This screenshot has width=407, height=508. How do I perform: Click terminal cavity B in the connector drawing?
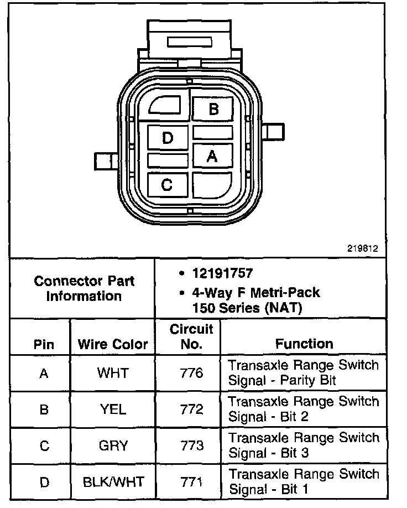(213, 108)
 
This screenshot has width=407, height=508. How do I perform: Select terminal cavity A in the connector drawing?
(212, 157)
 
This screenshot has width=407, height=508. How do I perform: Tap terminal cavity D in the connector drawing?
(168, 137)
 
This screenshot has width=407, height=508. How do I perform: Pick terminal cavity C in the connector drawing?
(167, 184)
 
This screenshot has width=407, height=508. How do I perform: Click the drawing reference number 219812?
(363, 248)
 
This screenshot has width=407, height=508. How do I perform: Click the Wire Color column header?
(113, 344)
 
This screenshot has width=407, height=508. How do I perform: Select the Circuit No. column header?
(191, 337)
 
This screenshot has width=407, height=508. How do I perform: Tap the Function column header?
(304, 344)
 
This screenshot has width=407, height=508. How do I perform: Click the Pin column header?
(44, 344)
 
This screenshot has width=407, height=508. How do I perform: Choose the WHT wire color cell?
(112, 373)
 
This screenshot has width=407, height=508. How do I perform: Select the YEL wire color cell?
(113, 409)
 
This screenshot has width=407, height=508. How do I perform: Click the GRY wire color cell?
(112, 446)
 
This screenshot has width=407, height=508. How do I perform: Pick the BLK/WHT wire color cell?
(112, 483)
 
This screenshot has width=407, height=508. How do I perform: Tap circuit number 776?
(191, 373)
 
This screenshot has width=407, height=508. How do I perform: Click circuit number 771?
(191, 483)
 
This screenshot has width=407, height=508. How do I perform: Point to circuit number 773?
(191, 446)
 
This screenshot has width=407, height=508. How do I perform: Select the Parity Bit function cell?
(304, 373)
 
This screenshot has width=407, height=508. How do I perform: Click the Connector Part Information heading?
(84, 288)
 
